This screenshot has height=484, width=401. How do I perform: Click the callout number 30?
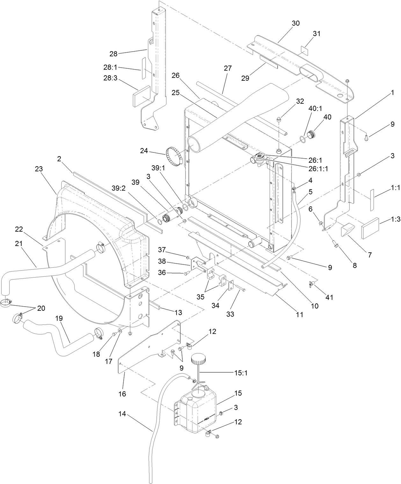(295, 23)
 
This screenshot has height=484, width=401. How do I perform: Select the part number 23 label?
(39, 169)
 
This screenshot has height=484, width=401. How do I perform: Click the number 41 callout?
(329, 297)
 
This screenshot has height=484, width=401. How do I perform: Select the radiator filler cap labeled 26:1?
(259, 157)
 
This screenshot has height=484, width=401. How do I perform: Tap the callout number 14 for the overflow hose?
(122, 414)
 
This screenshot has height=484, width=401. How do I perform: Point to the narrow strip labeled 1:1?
(372, 200)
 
